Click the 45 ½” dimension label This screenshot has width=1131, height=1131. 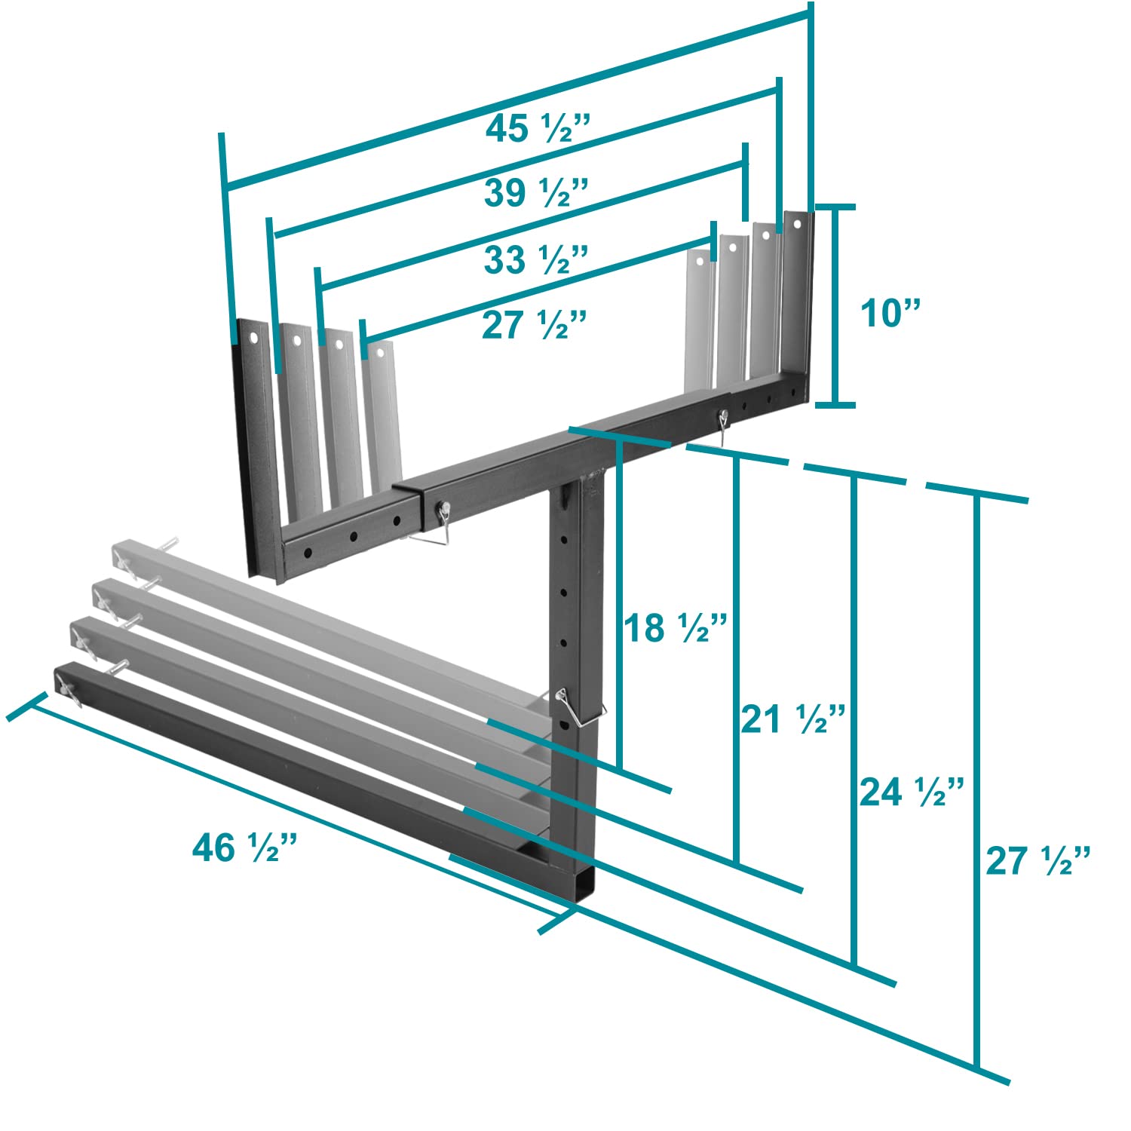click(x=536, y=129)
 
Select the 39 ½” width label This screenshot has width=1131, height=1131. click(x=536, y=193)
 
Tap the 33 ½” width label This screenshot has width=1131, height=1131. click(x=535, y=259)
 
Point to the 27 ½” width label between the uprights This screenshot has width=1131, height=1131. click(x=534, y=325)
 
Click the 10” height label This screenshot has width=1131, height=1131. click(x=890, y=311)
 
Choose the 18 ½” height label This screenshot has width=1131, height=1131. click(x=675, y=627)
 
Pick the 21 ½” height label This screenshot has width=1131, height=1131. click(x=793, y=719)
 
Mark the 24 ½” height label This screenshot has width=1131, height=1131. click(x=912, y=792)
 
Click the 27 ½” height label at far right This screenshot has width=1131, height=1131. click(x=1038, y=860)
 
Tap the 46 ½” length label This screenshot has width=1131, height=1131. click(x=246, y=847)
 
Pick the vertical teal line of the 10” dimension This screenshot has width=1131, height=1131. click(x=835, y=305)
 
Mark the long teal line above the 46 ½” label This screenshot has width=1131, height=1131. click(x=293, y=809)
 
